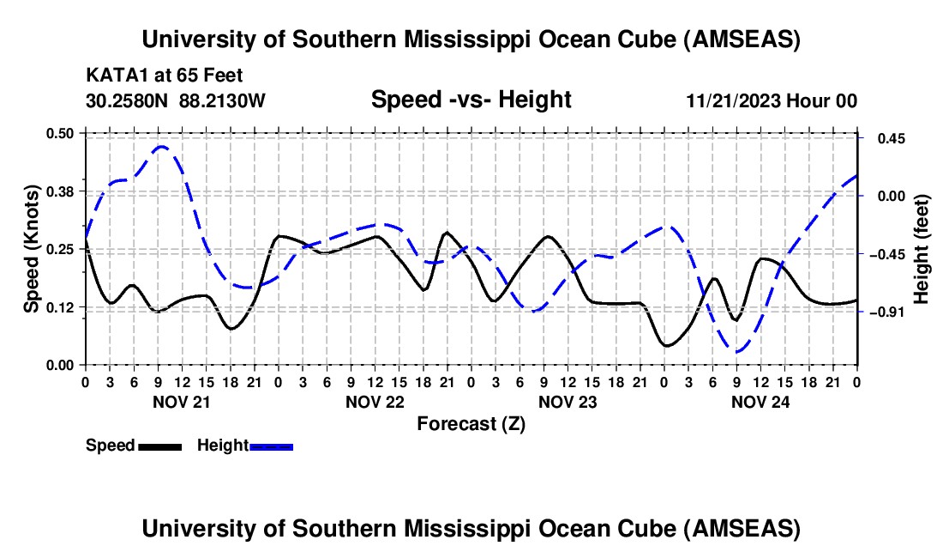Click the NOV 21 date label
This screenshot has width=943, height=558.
tap(181, 401)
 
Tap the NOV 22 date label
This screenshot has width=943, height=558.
tap(374, 401)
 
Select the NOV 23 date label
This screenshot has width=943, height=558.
tap(567, 401)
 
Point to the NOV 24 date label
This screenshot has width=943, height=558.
tap(760, 401)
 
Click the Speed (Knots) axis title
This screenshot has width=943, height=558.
tap(32, 249)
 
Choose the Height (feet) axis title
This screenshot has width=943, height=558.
tap(922, 249)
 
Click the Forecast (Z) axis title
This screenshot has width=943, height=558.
tap(471, 423)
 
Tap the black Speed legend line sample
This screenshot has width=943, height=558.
tap(159, 446)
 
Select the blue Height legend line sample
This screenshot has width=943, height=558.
tap(271, 446)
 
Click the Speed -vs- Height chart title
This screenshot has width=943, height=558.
tap(471, 100)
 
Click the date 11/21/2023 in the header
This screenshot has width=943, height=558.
tap(732, 100)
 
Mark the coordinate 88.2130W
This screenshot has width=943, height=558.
tap(222, 100)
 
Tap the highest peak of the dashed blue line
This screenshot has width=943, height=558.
tap(161, 147)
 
